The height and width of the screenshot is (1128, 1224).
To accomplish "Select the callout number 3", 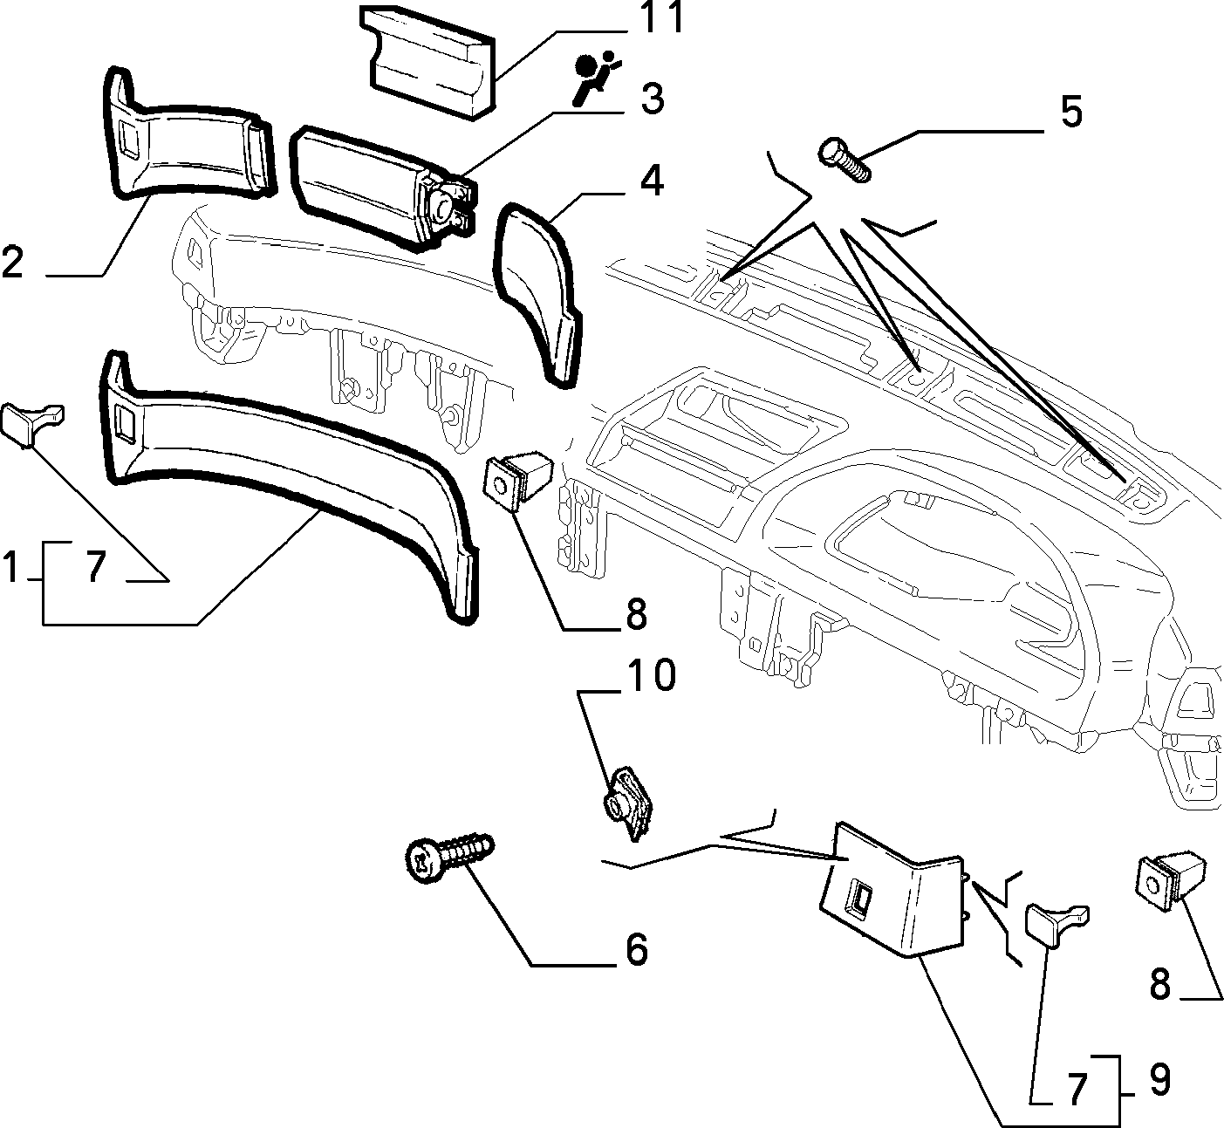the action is pos(653,99).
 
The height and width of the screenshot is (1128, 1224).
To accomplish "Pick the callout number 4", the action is pos(653,181).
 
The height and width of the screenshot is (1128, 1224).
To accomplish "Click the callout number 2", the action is pos(12,261).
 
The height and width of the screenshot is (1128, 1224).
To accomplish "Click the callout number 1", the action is pos(9,565).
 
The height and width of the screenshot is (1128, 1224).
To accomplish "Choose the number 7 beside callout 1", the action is pos(95,566).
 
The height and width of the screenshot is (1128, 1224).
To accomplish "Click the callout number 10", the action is pos(652,674).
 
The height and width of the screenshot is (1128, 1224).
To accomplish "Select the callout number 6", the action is pos(636,950).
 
